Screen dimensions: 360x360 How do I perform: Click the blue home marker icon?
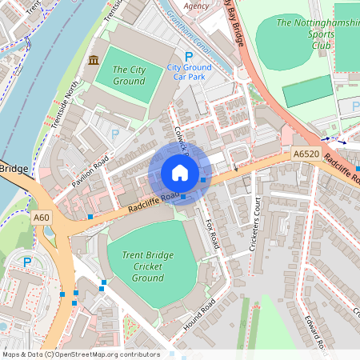click(180, 173)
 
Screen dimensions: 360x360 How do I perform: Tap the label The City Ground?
click(128, 76)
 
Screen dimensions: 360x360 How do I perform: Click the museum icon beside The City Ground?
click(94, 61)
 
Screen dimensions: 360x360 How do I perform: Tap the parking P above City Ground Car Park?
click(189, 56)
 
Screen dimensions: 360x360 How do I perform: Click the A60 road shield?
click(42, 216)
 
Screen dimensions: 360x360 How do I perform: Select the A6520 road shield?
click(306, 154)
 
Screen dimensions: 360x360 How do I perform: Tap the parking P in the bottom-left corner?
click(27, 262)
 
